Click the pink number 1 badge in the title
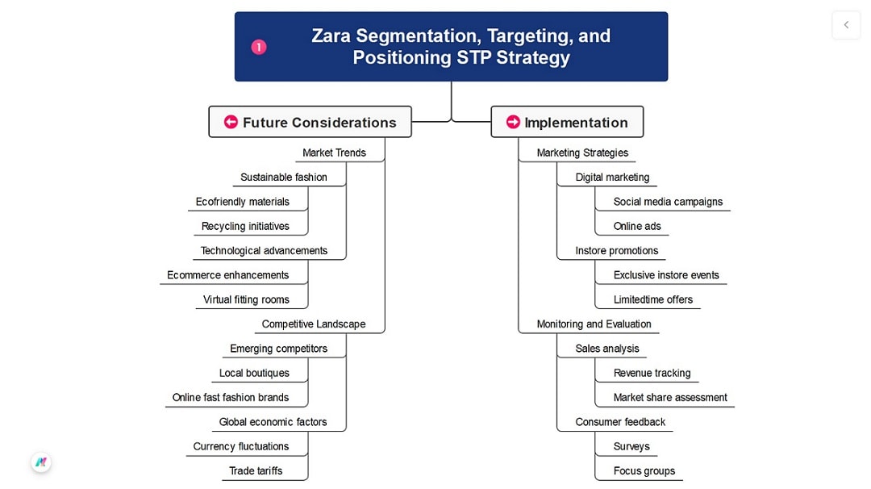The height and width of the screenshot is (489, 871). tap(258, 47)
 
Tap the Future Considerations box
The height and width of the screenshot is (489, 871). tap(310, 122)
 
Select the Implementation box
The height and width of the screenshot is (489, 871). tap(567, 122)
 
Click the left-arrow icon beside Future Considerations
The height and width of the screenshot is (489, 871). tap(231, 122)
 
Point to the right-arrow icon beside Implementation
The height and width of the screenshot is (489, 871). tap(513, 122)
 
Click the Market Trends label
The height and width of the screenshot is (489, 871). tap(334, 153)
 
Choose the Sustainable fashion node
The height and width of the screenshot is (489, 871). tap(284, 178)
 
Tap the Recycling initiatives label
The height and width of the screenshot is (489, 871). tap(245, 226)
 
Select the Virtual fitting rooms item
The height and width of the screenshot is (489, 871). tap(246, 299)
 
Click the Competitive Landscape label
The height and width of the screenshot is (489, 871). tap(314, 324)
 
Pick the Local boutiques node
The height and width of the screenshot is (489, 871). tap(254, 373)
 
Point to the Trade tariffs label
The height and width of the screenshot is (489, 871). tap(256, 470)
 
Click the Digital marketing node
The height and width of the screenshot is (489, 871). tap(612, 178)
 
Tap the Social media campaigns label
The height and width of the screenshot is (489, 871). tap(668, 202)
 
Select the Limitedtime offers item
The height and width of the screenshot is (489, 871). tap(652, 299)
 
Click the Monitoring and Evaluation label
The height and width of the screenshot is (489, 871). tap(594, 324)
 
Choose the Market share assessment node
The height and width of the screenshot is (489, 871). tap(670, 397)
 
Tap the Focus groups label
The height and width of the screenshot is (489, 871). tap(644, 470)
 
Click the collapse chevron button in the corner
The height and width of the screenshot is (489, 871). tap(846, 25)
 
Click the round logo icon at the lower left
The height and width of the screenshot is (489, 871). tap(41, 462)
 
